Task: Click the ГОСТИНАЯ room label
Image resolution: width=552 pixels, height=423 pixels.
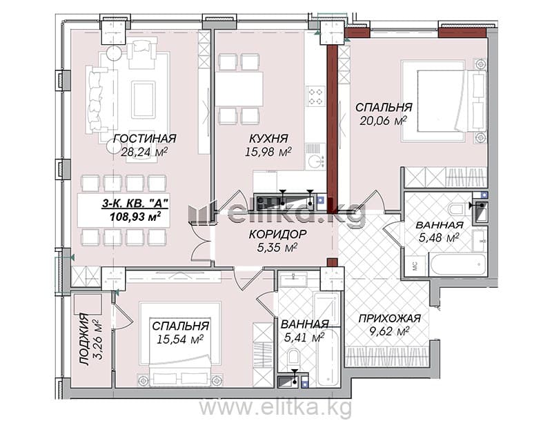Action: point(145,139)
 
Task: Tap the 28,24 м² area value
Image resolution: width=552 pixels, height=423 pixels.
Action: point(144,152)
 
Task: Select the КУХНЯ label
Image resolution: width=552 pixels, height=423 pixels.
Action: point(268,138)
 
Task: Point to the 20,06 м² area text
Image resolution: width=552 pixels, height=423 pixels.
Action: point(383,121)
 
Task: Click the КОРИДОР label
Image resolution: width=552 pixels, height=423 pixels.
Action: point(277,234)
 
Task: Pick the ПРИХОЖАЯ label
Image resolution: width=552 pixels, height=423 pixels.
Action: point(389,318)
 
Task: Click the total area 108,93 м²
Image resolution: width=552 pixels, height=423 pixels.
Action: point(135,216)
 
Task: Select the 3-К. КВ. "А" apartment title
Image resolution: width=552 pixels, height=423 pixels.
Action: point(135,203)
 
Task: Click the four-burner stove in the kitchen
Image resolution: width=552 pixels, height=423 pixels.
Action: point(315,97)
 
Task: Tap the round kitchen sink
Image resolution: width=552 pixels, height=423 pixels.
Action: point(315,161)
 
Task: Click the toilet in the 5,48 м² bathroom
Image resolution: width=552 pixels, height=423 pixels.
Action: point(457,209)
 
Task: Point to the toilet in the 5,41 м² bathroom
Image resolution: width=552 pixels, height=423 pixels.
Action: point(293,358)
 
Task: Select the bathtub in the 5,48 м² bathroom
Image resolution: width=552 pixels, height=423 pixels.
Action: point(457,264)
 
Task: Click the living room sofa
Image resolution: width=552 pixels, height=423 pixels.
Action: point(97,99)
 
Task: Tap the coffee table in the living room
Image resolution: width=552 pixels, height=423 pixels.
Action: point(144,99)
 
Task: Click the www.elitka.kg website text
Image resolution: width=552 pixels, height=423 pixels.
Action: point(275,408)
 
